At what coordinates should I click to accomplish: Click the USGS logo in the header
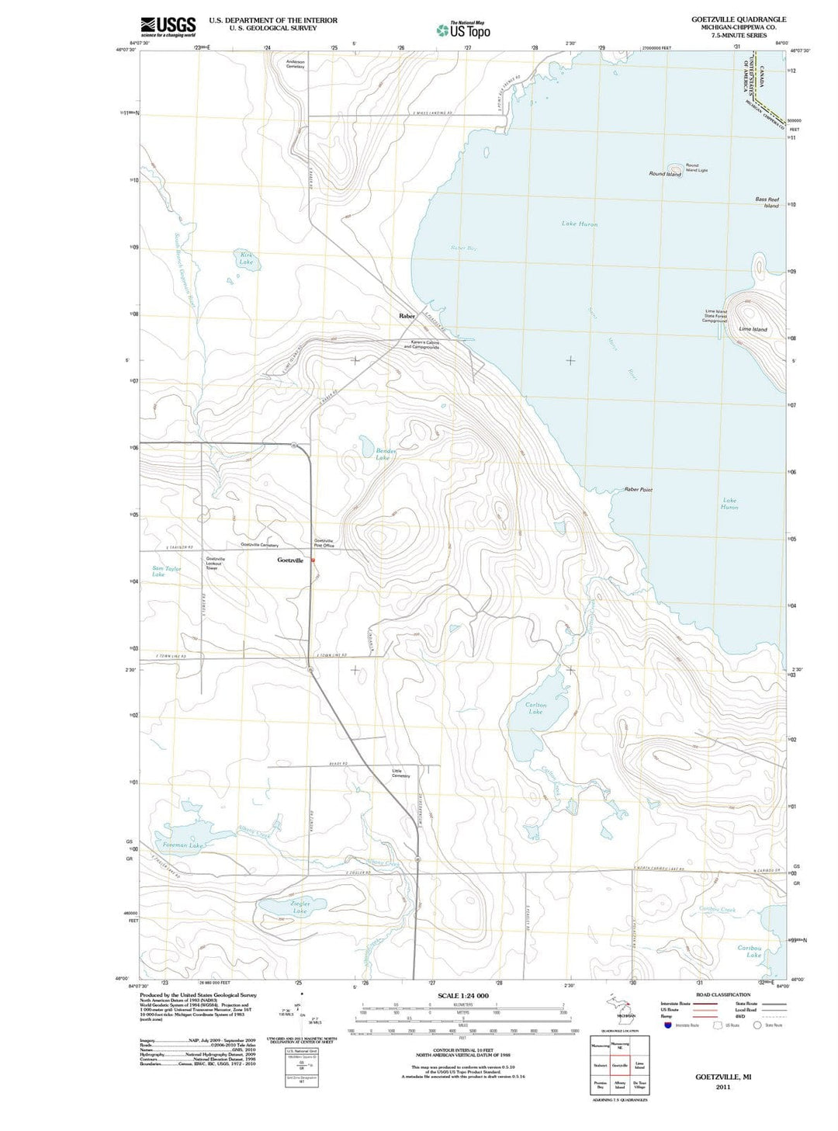click(x=168, y=27)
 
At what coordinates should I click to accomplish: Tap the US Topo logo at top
click(x=463, y=30)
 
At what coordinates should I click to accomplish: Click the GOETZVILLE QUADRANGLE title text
click(x=738, y=19)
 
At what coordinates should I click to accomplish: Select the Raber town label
click(x=407, y=316)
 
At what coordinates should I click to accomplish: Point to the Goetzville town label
click(x=290, y=560)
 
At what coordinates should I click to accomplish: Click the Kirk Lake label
click(x=246, y=258)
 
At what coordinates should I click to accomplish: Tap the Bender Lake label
click(x=385, y=454)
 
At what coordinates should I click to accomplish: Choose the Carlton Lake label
click(x=535, y=708)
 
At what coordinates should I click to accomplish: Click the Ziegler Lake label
click(x=300, y=907)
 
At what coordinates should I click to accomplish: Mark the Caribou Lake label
click(x=750, y=951)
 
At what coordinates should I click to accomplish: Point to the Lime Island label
click(x=753, y=329)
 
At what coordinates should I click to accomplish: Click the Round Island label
click(x=665, y=174)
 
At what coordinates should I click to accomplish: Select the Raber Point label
click(x=638, y=490)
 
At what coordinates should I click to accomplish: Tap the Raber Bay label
click(x=463, y=248)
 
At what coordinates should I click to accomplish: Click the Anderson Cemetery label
click(x=296, y=64)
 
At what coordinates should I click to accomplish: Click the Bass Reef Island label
click(x=767, y=203)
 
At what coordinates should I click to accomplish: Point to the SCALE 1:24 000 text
click(x=463, y=995)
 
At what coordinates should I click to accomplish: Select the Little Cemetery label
click(x=400, y=773)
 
